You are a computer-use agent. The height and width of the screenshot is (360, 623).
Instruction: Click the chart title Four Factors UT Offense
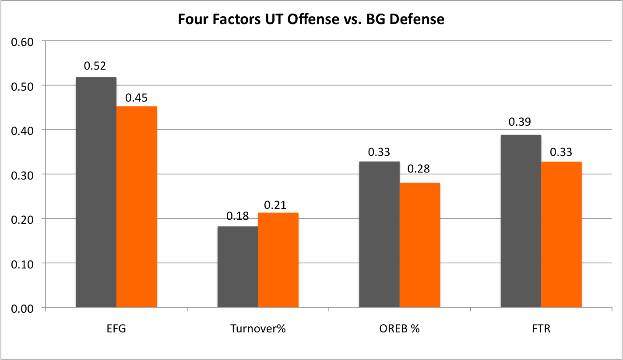(x=311, y=20)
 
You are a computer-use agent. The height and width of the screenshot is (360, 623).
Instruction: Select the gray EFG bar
(x=96, y=192)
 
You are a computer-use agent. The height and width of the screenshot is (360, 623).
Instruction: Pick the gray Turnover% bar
(x=238, y=267)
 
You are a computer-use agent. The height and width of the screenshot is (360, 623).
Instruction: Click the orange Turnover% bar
(x=278, y=260)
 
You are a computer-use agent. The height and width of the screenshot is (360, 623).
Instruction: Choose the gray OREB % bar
(x=379, y=234)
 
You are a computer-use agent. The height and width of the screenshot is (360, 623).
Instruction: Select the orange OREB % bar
(x=419, y=245)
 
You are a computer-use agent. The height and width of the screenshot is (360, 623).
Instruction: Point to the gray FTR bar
(x=521, y=221)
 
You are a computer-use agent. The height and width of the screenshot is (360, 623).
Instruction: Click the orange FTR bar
(x=561, y=234)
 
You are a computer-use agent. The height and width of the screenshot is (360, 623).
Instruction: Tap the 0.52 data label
(x=95, y=67)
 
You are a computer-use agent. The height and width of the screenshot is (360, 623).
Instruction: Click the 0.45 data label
(x=136, y=98)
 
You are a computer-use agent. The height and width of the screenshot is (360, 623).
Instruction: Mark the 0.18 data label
(x=237, y=216)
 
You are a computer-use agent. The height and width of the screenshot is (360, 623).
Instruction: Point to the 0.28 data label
(x=419, y=169)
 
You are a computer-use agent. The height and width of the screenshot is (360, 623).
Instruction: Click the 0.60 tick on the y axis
(x=22, y=42)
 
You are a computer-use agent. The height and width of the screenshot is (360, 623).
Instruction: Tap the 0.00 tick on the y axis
(x=22, y=308)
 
